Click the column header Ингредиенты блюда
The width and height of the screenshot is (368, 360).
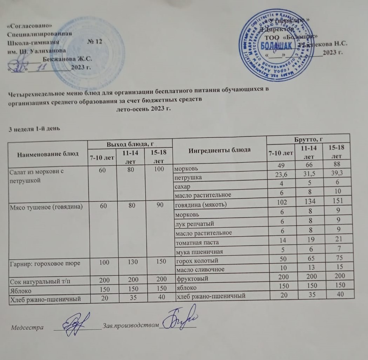(220, 150)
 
